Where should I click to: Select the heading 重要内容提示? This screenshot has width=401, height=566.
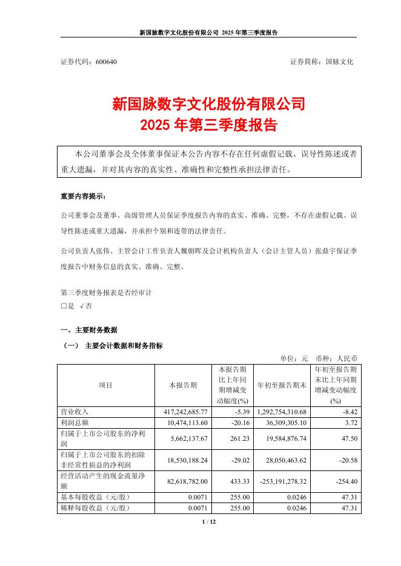[82, 197]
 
